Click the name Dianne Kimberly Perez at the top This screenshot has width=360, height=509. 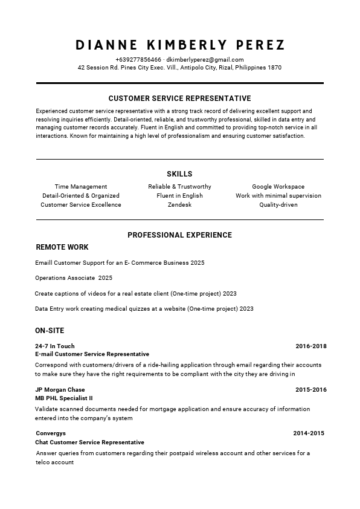180,45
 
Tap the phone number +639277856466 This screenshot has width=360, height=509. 138,60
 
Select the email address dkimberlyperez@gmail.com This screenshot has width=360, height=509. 205,60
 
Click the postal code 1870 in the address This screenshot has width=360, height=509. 274,68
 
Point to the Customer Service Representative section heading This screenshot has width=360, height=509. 179,98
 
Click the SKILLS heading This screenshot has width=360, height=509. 179,174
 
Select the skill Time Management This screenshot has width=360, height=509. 81,187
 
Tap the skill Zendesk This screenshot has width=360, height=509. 179,205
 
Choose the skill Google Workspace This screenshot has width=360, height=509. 278,187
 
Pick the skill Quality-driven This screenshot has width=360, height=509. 278,205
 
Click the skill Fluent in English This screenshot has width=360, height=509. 179,196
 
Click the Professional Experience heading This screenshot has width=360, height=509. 179,235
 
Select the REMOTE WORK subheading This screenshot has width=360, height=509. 62,247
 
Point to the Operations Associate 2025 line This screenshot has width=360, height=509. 74,278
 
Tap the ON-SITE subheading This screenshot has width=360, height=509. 50,331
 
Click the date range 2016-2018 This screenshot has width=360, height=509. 310,346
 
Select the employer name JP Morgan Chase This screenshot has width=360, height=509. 60,390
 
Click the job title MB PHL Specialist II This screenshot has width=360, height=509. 64,398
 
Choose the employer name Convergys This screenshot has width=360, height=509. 51,433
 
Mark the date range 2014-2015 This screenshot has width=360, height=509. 309,433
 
